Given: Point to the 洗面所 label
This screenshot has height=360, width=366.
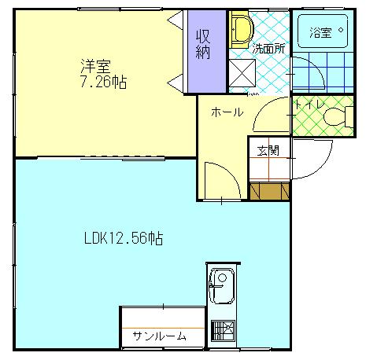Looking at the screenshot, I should coord(268,48).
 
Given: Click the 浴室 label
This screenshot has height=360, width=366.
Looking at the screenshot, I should coord(321,33).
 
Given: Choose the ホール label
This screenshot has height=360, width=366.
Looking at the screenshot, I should coord(226,112).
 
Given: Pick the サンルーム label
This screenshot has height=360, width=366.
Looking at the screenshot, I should coord(159,336).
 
